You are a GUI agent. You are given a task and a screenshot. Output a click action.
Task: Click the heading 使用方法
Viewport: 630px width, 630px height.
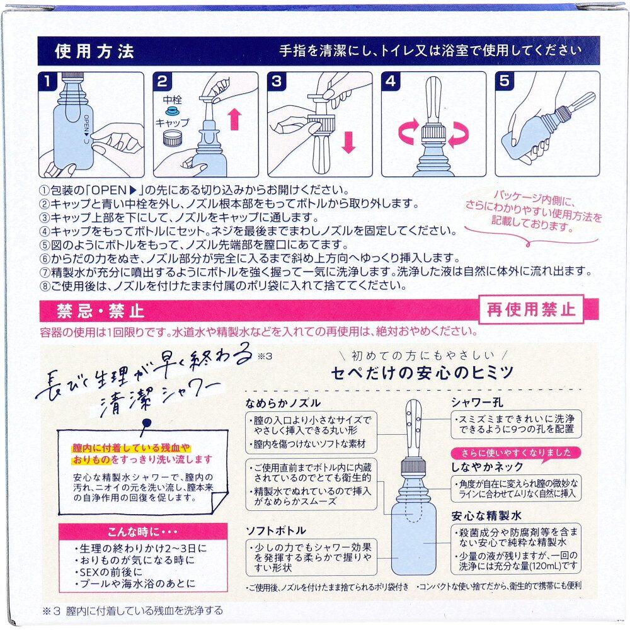(x=94, y=51)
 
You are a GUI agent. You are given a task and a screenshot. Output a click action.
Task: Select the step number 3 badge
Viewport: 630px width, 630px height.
(x=277, y=81)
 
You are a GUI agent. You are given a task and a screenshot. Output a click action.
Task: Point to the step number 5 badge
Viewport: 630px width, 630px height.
(x=505, y=81)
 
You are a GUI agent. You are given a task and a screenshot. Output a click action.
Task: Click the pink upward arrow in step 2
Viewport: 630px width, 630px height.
(x=234, y=119)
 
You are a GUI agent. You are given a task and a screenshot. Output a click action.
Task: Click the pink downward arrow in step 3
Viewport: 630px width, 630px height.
(x=348, y=142)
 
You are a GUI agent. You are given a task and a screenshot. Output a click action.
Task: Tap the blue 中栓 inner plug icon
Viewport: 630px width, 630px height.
(x=173, y=111)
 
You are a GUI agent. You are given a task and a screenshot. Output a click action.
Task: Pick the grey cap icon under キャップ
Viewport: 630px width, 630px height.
(x=173, y=138)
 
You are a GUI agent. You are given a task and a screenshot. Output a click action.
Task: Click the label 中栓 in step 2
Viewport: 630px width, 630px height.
(x=173, y=100)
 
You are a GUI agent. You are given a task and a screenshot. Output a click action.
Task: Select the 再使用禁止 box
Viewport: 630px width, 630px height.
(x=530, y=309)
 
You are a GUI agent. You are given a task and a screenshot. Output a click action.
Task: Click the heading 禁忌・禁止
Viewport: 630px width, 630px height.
(x=100, y=311)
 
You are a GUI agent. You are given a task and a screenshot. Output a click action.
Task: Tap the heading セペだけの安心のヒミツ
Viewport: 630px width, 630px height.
(x=422, y=373)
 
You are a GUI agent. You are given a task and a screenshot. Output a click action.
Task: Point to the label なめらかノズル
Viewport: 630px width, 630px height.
(x=283, y=403)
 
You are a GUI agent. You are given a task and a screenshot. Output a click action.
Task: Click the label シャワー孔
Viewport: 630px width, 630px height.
(x=476, y=402)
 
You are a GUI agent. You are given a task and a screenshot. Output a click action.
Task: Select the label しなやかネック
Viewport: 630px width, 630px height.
(x=487, y=466)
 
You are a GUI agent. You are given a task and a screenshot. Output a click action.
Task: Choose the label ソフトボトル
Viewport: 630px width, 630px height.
(x=276, y=530)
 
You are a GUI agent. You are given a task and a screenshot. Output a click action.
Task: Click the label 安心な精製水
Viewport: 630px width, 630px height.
(x=486, y=515)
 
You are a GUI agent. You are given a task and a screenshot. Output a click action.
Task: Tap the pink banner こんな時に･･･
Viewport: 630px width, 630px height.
(x=143, y=532)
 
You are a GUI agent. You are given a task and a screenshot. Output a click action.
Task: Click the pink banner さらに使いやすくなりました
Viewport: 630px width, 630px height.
(x=516, y=453)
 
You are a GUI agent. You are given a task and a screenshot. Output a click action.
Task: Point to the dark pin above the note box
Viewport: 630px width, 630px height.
(x=146, y=424)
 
